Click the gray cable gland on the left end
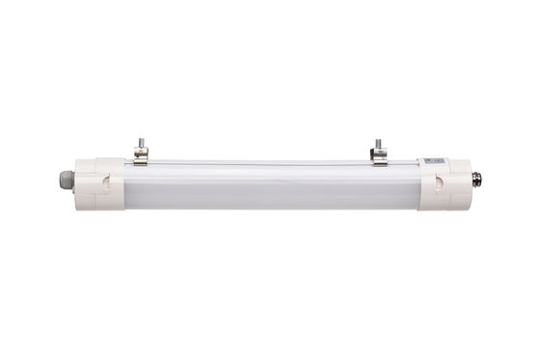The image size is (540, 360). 66,180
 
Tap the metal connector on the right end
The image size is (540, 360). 476,179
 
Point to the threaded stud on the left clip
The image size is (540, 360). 141,144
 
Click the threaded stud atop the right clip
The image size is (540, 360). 378,144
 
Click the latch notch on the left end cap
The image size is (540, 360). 109,182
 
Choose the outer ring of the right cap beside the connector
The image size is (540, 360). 464,180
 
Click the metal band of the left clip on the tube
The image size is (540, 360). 141,160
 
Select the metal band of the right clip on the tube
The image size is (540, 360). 379,160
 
